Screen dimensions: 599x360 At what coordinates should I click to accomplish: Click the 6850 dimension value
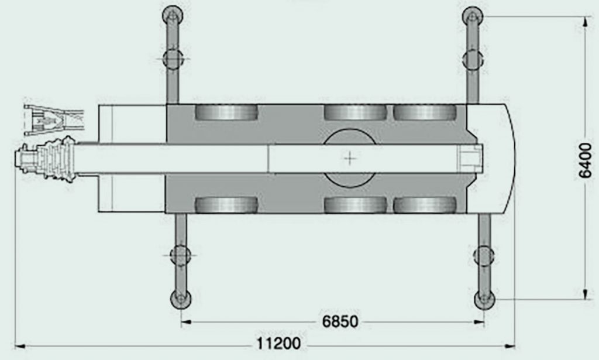click(340, 322)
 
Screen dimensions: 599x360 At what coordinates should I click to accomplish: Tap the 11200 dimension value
click(278, 343)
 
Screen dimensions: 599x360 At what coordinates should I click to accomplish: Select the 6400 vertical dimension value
click(585, 161)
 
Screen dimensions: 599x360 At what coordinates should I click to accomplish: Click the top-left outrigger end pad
click(173, 16)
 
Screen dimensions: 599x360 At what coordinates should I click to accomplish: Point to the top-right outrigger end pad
click(473, 17)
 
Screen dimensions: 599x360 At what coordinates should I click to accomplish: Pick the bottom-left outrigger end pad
click(181, 299)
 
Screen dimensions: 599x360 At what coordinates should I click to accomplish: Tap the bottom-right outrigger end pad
click(484, 300)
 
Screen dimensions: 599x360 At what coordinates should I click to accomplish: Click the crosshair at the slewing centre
click(350, 158)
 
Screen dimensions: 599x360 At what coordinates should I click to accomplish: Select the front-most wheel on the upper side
click(226, 112)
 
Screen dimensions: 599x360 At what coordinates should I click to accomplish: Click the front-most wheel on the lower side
click(226, 205)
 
